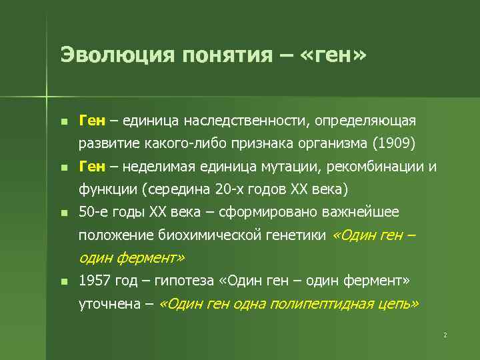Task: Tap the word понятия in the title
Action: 215,54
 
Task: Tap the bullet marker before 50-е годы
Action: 64,213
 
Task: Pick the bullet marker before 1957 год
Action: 64,282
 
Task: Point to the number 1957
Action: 93,281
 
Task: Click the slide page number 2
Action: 445,335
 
